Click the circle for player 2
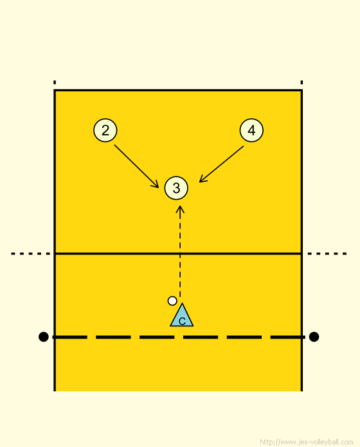pyautogui.click(x=105, y=130)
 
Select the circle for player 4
pyautogui.click(x=251, y=130)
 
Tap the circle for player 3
pyautogui.click(x=176, y=188)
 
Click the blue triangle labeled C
pyautogui.click(x=182, y=315)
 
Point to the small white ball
pyautogui.click(x=172, y=301)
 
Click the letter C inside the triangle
pyautogui.click(x=182, y=321)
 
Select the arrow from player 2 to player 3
pyautogui.click(x=136, y=166)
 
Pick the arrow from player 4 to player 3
pyautogui.click(x=221, y=164)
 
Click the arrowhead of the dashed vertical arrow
pyautogui.click(x=180, y=209)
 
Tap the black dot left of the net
pyautogui.click(x=43, y=337)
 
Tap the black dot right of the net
pyautogui.click(x=314, y=337)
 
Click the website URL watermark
pyautogui.click(x=307, y=442)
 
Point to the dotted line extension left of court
pyautogui.click(x=31, y=254)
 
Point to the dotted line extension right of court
pyautogui.click(x=327, y=254)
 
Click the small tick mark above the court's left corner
pyautogui.click(x=55, y=82)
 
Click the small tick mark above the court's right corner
pyautogui.click(x=301, y=82)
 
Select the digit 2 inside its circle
pyautogui.click(x=105, y=130)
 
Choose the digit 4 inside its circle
pyautogui.click(x=251, y=130)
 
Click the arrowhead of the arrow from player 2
pyautogui.click(x=156, y=185)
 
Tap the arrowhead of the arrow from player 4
pyautogui.click(x=202, y=180)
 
